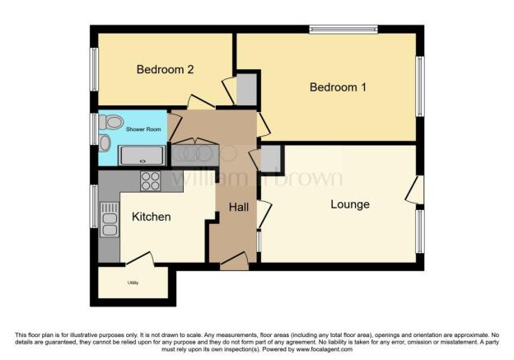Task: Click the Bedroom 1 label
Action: [x=338, y=87]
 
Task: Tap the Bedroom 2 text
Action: [x=165, y=70]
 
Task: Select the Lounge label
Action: [x=349, y=204]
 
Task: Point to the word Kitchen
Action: [x=151, y=217]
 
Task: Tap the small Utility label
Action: [x=133, y=283]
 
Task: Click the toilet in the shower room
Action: [x=111, y=123]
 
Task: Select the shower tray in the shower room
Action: [x=143, y=155]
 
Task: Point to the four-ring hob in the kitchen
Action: [x=150, y=180]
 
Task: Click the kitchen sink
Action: [x=109, y=218]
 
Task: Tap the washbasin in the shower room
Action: [x=105, y=143]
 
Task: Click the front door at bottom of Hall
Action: [x=234, y=261]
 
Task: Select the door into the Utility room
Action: [x=141, y=259]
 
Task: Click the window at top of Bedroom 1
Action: [x=343, y=30]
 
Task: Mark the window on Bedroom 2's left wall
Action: [x=94, y=69]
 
